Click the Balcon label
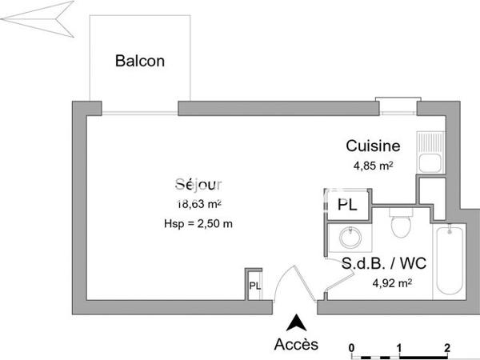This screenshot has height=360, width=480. click(x=141, y=61)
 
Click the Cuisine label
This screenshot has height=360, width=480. click(x=373, y=146)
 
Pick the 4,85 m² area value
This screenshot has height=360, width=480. click(x=373, y=166)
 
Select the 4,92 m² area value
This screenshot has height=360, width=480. click(x=392, y=282)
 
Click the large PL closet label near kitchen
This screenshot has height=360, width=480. click(x=347, y=205)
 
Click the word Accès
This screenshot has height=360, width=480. click(x=296, y=345)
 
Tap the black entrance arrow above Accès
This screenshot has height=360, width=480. click(x=296, y=323)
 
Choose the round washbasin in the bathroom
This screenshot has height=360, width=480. click(x=349, y=238)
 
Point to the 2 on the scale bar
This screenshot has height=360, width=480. click(x=446, y=346)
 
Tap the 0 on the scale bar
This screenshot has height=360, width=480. click(x=352, y=346)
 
